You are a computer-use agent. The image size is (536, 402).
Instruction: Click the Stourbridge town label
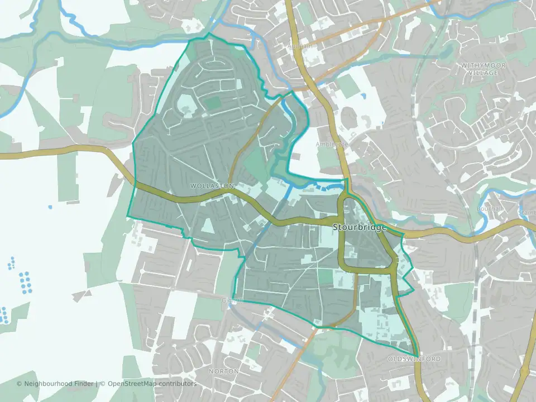pyautogui.click(x=360, y=228)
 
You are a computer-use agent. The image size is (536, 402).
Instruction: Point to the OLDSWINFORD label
pyautogui.click(x=414, y=359)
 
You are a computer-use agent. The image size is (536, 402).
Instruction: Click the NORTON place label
pyautogui.click(x=223, y=371)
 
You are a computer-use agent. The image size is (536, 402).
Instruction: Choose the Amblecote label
pyautogui.click(x=332, y=144)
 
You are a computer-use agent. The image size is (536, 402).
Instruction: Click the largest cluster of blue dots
pyautogui.click(x=24, y=282)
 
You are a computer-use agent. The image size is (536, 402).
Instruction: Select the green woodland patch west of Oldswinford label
pyautogui.click(x=335, y=349)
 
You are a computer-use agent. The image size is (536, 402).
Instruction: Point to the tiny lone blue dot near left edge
pyautogui.click(x=50, y=207)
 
